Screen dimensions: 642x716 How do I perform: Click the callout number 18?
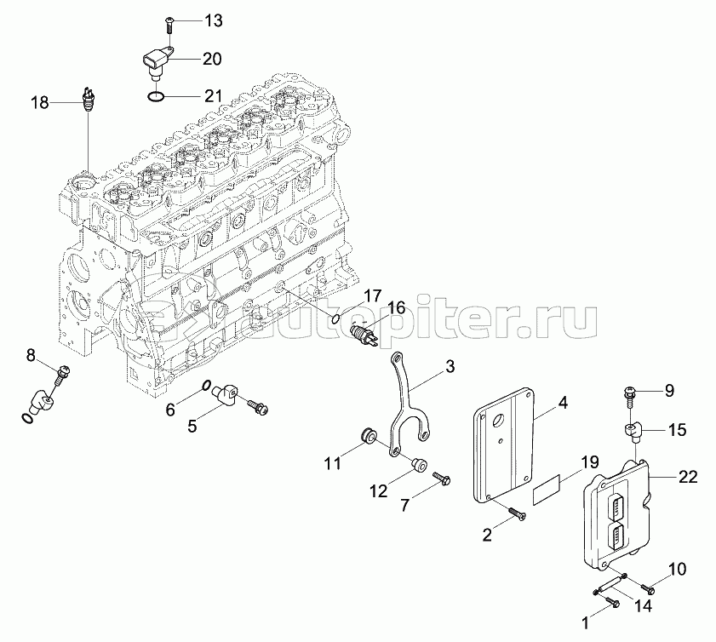click(x=40, y=103)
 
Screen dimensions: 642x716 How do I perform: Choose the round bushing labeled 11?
click(x=369, y=435)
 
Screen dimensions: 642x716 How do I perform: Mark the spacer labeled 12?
click(x=417, y=466)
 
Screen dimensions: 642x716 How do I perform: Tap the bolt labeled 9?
click(x=631, y=393)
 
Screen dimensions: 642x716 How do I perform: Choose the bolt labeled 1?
click(x=610, y=603)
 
